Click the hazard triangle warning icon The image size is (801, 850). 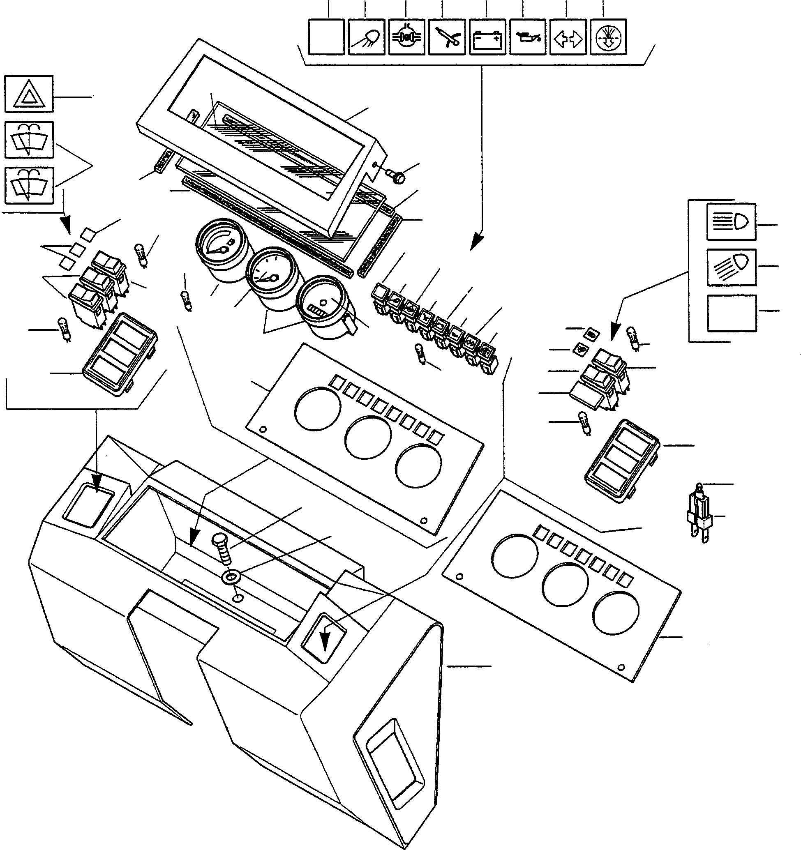[x=29, y=94]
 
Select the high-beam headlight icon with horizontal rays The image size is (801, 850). [x=731, y=221]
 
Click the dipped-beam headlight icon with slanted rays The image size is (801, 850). [x=731, y=267]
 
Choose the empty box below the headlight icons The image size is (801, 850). [x=731, y=313]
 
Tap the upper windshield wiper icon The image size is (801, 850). [x=29, y=139]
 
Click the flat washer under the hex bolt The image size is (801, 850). [x=231, y=578]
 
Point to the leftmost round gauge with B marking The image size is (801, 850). [x=220, y=250]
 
